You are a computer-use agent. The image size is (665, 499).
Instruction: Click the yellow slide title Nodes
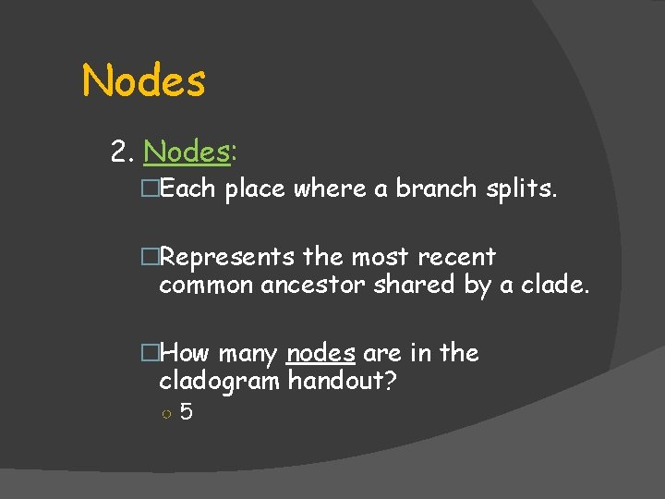(x=144, y=80)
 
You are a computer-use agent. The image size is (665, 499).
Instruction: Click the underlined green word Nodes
(x=187, y=151)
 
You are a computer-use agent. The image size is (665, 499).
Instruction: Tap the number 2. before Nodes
(x=123, y=151)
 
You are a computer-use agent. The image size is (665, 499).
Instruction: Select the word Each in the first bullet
(x=187, y=189)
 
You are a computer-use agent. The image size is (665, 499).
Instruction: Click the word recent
(x=457, y=257)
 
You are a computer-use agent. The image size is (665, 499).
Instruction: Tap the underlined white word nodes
(x=321, y=353)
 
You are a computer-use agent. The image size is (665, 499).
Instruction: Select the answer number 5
(x=186, y=412)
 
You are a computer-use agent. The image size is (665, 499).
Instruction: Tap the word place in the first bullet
(x=255, y=189)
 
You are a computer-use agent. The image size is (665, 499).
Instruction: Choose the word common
(x=206, y=286)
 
